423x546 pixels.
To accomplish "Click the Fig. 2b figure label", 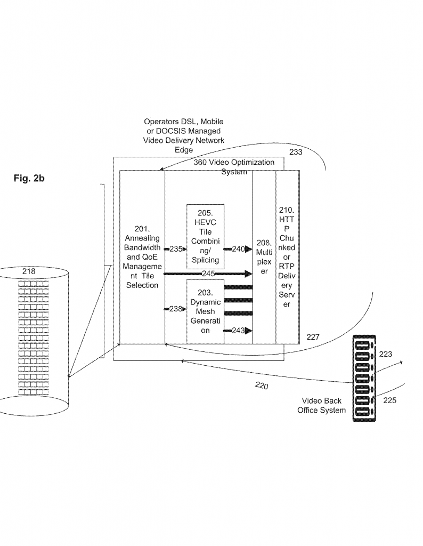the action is (x=29, y=178).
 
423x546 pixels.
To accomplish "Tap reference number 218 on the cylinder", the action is (x=29, y=271).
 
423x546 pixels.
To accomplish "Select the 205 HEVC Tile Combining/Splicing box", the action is (x=205, y=236).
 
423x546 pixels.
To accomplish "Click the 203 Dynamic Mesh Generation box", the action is (x=205, y=311).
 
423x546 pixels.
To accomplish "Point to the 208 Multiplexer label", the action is (x=264, y=257).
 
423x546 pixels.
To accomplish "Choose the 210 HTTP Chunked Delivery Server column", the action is (x=287, y=257).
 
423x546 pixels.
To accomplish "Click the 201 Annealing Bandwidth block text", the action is (x=142, y=257).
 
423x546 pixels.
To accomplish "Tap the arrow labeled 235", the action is (x=176, y=249).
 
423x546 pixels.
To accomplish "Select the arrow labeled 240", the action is (x=238, y=249).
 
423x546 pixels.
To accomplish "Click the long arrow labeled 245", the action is (x=208, y=274).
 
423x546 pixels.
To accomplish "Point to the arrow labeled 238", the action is (x=176, y=309).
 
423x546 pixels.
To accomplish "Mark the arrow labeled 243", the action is (x=238, y=331).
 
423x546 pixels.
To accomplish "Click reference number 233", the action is (x=296, y=152).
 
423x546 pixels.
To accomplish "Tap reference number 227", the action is (x=313, y=337).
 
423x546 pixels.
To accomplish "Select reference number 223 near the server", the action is (x=385, y=354).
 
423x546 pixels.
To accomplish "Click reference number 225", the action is (x=389, y=400).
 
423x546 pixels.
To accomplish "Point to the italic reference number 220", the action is (x=262, y=386).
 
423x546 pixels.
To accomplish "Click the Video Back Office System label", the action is (x=321, y=405).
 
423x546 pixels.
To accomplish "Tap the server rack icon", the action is (x=364, y=378).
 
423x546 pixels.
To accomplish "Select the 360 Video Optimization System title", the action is (x=234, y=167).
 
